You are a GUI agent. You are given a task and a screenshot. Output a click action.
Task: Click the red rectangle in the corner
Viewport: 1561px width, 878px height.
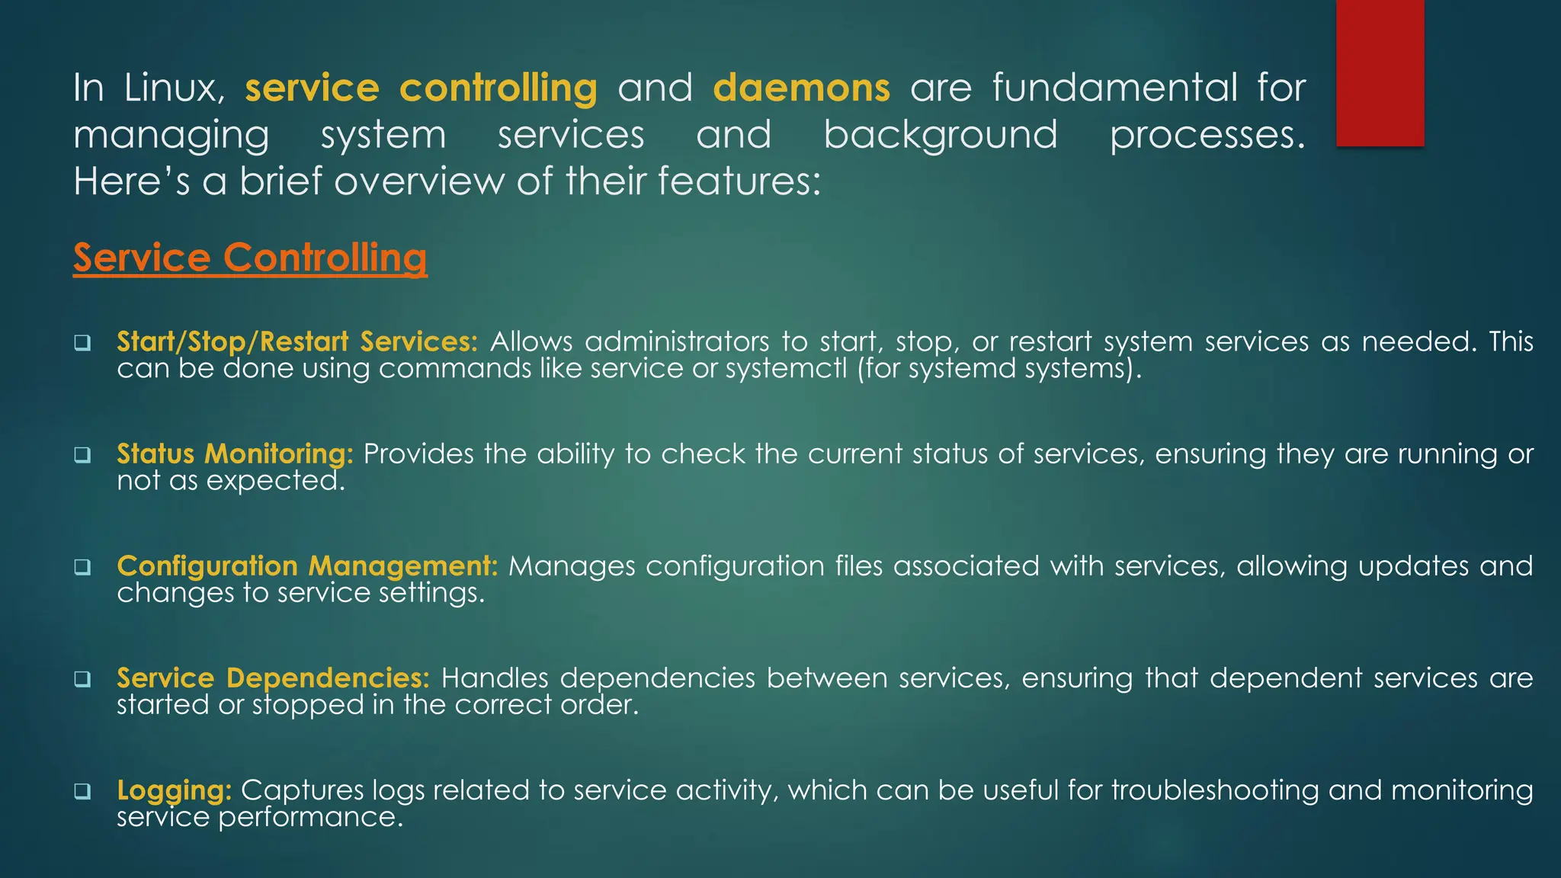pos(1380,72)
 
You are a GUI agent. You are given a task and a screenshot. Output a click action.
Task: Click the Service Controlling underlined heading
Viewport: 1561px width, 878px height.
pos(250,258)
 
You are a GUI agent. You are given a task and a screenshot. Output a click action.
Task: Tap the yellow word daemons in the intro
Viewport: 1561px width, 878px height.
pos(801,88)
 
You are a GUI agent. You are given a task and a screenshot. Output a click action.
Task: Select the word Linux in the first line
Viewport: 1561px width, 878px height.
pos(174,88)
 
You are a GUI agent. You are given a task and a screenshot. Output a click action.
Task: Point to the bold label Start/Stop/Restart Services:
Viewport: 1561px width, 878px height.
pos(297,341)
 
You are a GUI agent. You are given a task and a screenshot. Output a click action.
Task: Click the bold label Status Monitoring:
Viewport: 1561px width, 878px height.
pos(235,453)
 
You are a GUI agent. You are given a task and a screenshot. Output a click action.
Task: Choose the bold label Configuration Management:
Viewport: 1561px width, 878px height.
pos(307,566)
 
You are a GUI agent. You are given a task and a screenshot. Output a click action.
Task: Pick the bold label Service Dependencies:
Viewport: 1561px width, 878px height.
pos(273,678)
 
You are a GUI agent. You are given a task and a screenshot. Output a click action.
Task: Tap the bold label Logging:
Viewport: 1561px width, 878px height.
pos(174,790)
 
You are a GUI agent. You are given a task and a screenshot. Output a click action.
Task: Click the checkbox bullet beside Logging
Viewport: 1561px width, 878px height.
pos(82,792)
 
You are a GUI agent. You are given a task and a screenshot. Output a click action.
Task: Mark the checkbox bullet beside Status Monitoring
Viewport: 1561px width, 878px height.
pos(82,455)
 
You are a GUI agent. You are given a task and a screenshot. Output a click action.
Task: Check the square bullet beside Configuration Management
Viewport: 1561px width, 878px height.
pos(82,567)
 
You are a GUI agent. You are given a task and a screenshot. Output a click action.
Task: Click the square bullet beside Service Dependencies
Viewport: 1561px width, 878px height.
pos(82,679)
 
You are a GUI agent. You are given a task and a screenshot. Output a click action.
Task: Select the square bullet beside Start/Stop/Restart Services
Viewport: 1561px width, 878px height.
pos(82,343)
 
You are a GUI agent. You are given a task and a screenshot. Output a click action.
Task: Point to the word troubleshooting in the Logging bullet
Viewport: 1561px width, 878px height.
pos(1215,790)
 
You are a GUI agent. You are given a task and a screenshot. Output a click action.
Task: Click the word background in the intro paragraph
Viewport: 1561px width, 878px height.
pos(941,135)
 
